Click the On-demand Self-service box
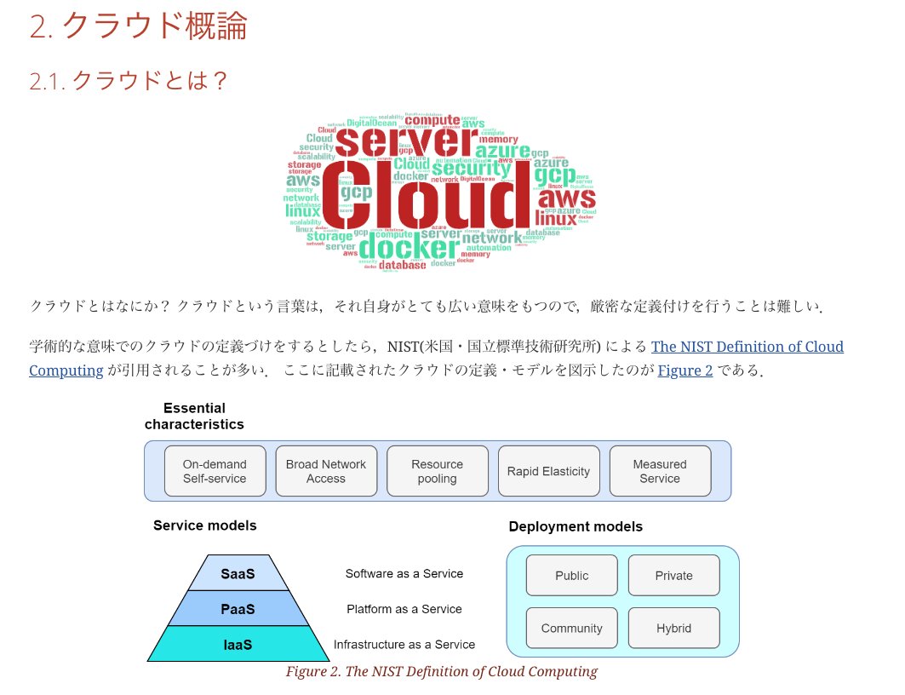coord(215,471)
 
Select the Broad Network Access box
coord(326,471)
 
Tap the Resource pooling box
coord(437,471)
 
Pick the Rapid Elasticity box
coord(548,471)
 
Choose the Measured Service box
coord(660,471)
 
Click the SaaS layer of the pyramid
coord(238,573)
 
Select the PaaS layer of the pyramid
coord(238,609)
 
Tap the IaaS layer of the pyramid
coord(238,645)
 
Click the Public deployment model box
coord(571,575)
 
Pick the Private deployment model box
coord(673,575)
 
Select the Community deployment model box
coord(571,628)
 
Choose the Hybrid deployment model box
coord(673,628)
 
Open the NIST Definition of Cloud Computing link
coord(747,347)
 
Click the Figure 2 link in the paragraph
coord(684,370)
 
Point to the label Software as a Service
coord(404,573)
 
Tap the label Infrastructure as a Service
coord(404,645)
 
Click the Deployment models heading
coord(576,526)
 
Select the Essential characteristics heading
coord(194,416)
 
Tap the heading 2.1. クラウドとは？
coord(129,81)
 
